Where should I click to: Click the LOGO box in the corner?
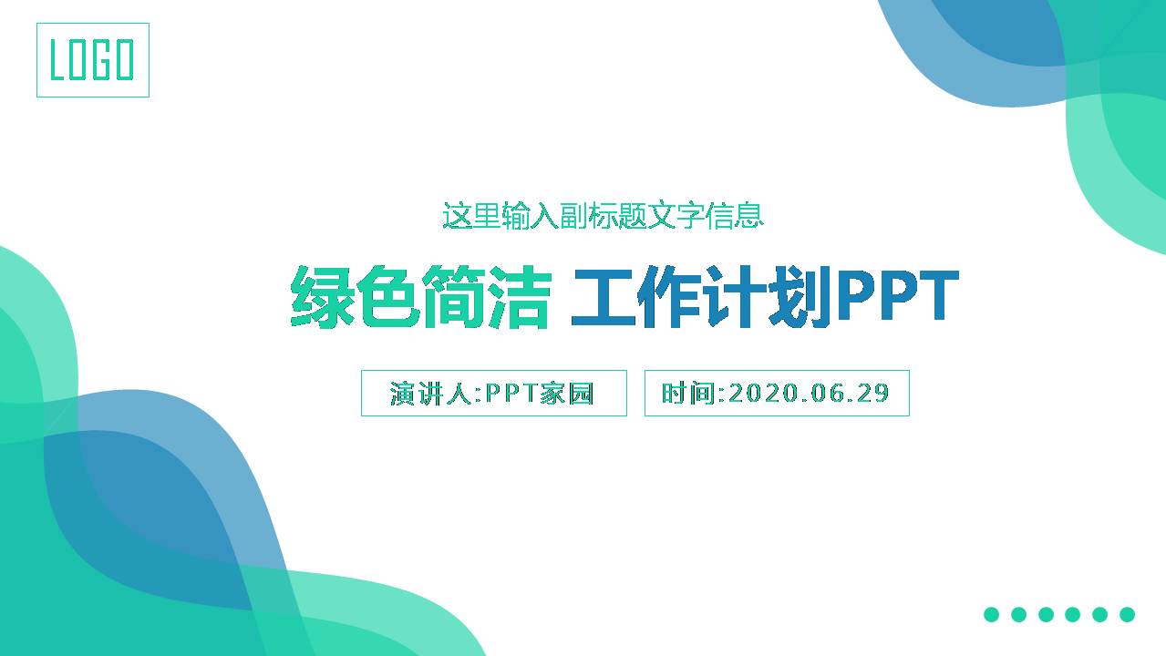92,60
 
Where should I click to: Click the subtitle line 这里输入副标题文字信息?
602,216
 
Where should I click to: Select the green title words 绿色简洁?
420,297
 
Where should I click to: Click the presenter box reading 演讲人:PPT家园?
493,393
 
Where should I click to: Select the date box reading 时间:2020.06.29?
776,393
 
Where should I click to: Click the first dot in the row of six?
991,614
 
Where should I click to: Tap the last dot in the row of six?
1127,614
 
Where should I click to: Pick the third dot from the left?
1046,614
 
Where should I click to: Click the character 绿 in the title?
322,297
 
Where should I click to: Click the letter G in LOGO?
103,60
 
